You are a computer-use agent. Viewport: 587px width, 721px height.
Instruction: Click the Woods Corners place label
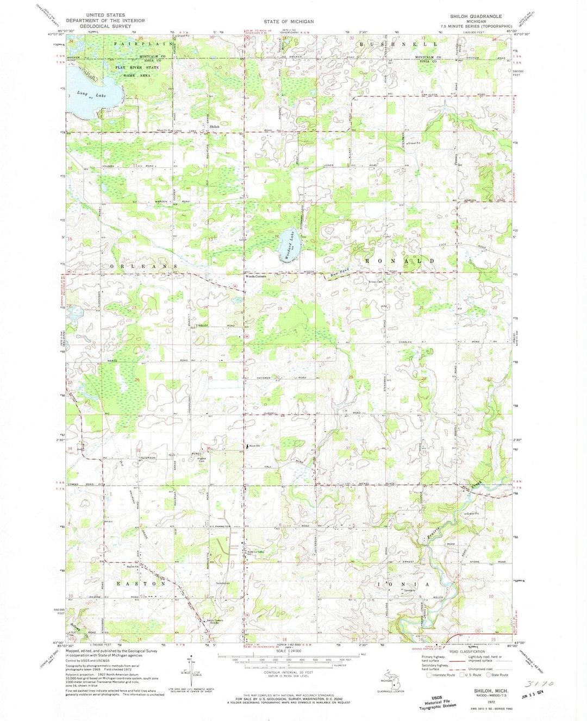click(x=256, y=276)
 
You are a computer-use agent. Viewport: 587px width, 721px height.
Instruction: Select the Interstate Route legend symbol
click(x=429, y=675)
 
